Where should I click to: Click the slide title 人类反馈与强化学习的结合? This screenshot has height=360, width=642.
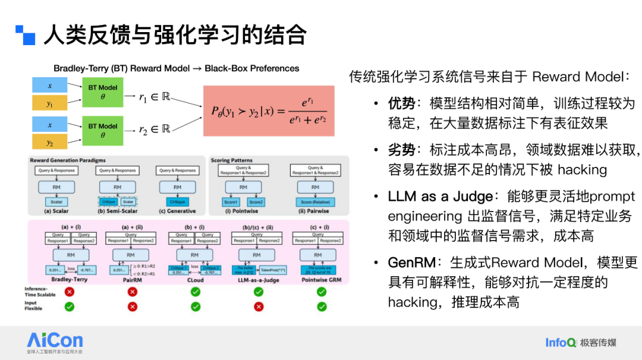175,35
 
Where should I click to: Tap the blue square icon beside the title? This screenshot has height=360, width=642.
26,35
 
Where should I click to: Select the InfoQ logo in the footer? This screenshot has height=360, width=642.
561,342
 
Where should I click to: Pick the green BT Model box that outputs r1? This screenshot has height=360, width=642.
103,91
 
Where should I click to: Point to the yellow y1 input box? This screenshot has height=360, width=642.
49,103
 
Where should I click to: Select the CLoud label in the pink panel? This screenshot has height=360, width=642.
195,280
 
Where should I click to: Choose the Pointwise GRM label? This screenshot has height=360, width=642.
322,280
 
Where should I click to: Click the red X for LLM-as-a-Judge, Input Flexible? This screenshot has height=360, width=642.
259,307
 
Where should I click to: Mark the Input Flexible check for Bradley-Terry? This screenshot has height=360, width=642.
70,307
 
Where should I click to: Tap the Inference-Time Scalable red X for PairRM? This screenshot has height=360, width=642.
133,292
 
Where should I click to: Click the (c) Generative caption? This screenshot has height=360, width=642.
177,211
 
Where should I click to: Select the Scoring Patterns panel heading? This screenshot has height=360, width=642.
231,160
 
